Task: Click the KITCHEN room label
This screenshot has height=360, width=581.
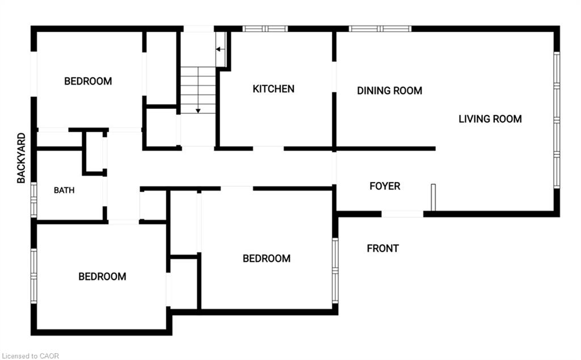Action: point(273,89)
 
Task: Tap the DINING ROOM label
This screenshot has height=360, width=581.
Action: point(389,91)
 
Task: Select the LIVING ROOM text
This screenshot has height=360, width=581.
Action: point(490,119)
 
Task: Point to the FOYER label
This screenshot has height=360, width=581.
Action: point(385,186)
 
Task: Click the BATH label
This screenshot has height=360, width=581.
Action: point(64,190)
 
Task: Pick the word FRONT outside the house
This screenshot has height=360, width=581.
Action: point(383,248)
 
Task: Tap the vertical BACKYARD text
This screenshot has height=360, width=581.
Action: point(22,158)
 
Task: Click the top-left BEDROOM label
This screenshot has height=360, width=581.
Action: point(88,81)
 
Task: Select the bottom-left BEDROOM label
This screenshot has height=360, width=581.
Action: point(102,276)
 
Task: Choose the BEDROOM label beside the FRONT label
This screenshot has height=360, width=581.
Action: point(267,259)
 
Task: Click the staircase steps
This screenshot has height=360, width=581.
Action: point(198,90)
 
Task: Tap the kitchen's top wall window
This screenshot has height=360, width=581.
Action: point(265,28)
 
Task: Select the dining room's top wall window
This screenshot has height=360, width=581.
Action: point(380,28)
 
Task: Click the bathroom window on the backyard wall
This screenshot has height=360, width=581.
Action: point(33,200)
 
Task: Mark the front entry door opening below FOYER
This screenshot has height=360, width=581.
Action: point(402,214)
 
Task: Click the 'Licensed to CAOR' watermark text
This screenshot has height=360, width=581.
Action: point(30,356)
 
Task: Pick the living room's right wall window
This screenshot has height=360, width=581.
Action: point(557,120)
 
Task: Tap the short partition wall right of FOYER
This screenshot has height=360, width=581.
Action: point(433,197)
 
